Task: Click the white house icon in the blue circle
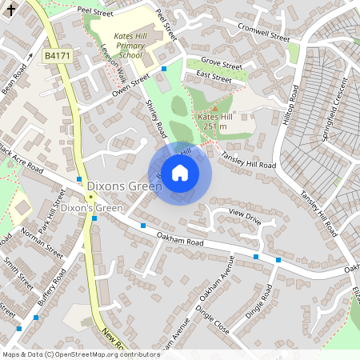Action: pyautogui.click(x=180, y=173)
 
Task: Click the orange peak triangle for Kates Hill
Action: pyautogui.click(x=213, y=108)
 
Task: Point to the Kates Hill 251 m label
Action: pyautogui.click(x=213, y=121)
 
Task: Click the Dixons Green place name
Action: pyautogui.click(x=124, y=186)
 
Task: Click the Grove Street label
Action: pyautogui.click(x=222, y=62)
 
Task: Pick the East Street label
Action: pyautogui.click(x=214, y=78)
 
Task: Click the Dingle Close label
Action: pyautogui.click(x=212, y=318)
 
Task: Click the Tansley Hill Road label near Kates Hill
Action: pyautogui.click(x=249, y=159)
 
